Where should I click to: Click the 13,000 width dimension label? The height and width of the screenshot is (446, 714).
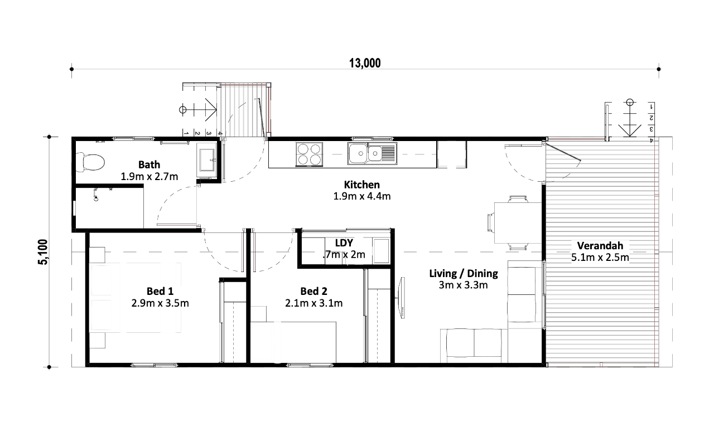[365, 63]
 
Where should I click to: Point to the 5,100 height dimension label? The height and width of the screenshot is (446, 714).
[43, 252]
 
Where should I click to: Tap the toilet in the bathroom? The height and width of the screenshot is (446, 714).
[90, 162]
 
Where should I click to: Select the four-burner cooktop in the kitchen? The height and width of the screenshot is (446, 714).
[309, 154]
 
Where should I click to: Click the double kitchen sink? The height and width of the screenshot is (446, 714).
[372, 153]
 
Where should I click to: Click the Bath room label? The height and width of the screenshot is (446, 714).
[149, 164]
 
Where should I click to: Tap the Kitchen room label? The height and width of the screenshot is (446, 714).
[362, 185]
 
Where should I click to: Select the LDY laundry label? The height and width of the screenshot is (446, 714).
[344, 243]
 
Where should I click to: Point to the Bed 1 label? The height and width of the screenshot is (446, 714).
[160, 291]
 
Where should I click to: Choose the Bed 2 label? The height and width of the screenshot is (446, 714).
[313, 291]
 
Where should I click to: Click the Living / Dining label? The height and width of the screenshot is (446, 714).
[464, 273]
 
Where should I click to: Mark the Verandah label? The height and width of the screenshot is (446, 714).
[600, 246]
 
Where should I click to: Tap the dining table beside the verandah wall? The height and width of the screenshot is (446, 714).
[518, 222]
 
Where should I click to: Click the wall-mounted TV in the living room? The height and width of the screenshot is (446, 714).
[402, 298]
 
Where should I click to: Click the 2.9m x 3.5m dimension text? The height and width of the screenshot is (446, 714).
[160, 303]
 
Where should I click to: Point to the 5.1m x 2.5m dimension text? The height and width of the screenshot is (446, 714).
[600, 258]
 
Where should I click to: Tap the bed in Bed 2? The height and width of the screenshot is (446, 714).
[293, 342]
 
